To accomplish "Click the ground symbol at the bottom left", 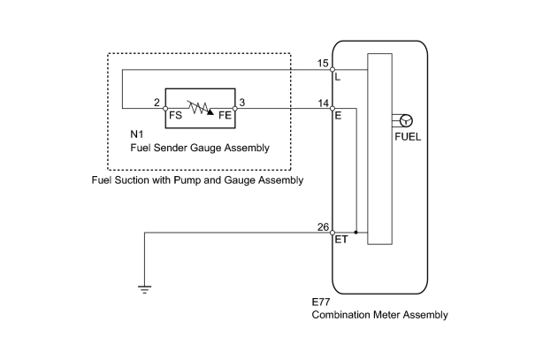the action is (x=145, y=290).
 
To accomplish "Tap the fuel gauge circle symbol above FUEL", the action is (x=406, y=121).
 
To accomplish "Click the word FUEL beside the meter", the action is (x=408, y=137).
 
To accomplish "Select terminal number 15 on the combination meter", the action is (x=323, y=63).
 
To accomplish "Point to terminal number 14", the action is (x=323, y=103).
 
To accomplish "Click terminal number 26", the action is (x=323, y=227).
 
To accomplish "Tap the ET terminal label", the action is (x=341, y=240).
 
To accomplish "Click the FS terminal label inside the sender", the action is (x=175, y=115).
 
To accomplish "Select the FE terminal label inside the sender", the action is (x=225, y=115).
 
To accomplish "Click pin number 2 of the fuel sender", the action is (x=157, y=103).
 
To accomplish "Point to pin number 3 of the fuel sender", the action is (x=242, y=103).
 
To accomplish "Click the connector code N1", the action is (x=137, y=134).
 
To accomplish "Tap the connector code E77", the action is (x=321, y=302).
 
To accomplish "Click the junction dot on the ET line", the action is (x=355, y=233).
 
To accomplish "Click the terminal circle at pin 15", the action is (x=332, y=70).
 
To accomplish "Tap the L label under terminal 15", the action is (x=338, y=77).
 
